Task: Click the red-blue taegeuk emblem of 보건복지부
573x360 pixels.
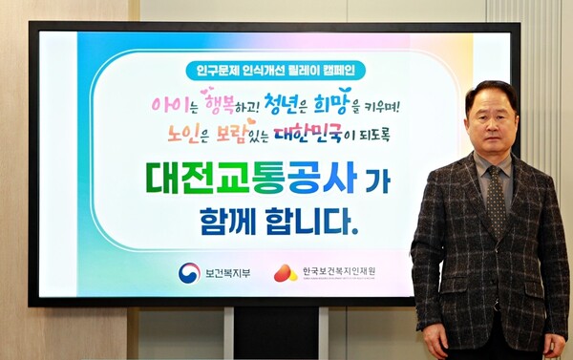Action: pos(189,273)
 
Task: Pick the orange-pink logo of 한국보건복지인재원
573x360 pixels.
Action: pos(286,273)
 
